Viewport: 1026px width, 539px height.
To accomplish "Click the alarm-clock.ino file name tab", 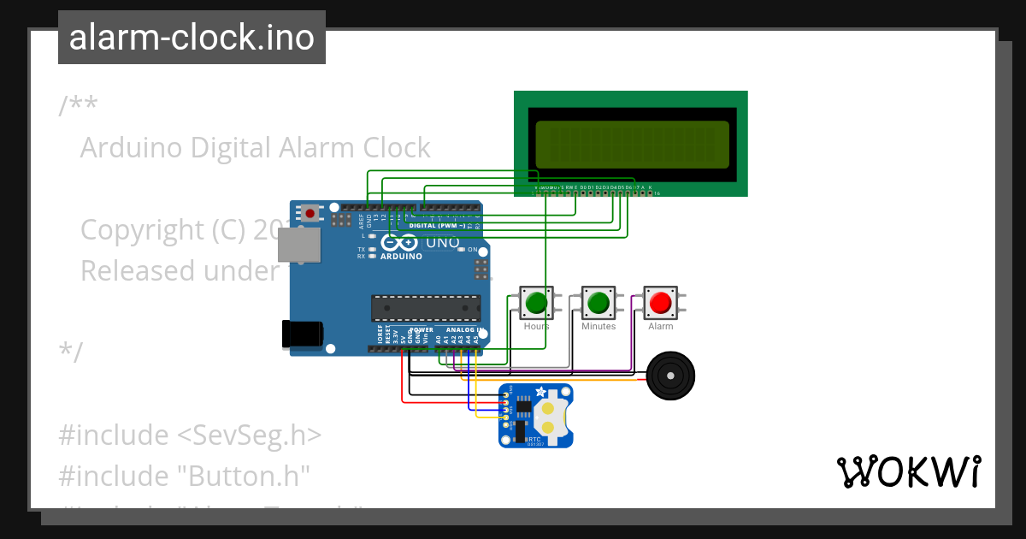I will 192,38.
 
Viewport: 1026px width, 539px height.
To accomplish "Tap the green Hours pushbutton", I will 536,302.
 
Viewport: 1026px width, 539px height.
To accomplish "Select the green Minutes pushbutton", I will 598,302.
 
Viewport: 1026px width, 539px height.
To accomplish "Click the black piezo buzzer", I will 670,376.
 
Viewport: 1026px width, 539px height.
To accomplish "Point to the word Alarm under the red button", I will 660,326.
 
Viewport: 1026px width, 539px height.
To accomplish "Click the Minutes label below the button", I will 598,326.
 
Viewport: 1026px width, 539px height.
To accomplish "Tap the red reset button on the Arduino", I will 310,212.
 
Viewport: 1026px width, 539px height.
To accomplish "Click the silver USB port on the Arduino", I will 298,244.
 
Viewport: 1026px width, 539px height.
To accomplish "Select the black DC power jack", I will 303,333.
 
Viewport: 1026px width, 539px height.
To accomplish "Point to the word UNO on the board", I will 443,242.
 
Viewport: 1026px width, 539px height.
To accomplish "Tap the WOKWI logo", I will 908,471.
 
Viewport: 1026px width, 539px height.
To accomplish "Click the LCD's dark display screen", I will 632,144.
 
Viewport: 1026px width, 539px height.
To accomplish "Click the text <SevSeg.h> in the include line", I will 249,435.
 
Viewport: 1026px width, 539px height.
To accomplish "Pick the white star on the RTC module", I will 540,392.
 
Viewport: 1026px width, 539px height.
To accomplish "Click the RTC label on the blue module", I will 534,437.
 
